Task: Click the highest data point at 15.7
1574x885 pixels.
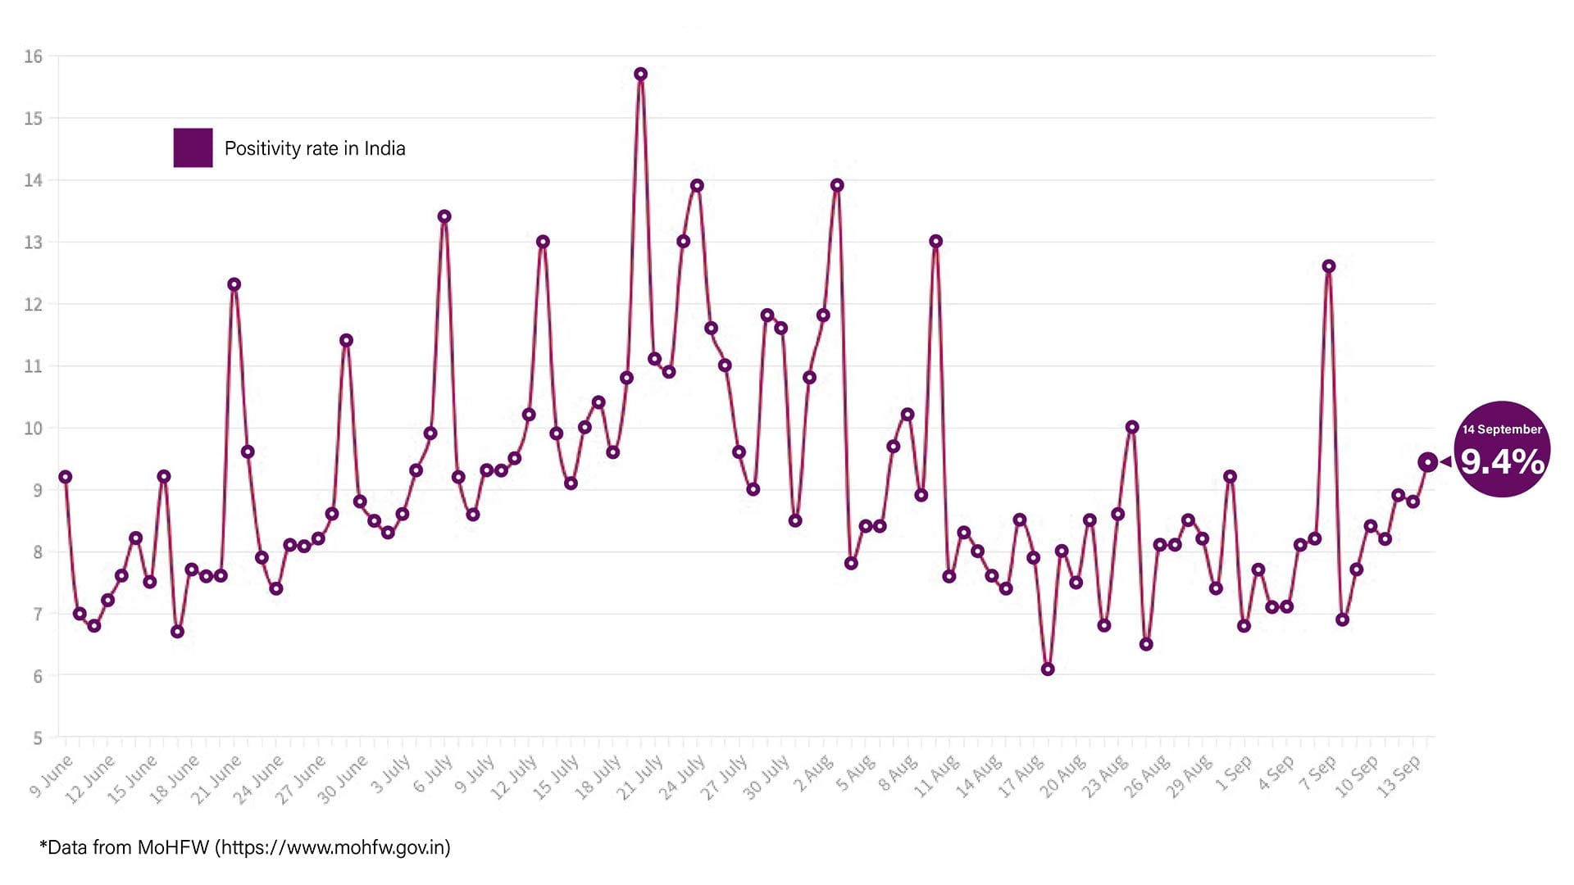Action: pyautogui.click(x=641, y=74)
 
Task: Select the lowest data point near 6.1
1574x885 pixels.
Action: pyautogui.click(x=1048, y=669)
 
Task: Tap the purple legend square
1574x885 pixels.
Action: pyautogui.click(x=193, y=147)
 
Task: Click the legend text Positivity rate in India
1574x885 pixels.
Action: pyautogui.click(x=315, y=148)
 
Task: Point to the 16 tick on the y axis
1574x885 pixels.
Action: pyautogui.click(x=34, y=57)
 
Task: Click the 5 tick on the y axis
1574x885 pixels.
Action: pyautogui.click(x=38, y=738)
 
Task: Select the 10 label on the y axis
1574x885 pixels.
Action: pyautogui.click(x=34, y=428)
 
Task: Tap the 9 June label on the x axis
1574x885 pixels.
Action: pyautogui.click(x=51, y=777)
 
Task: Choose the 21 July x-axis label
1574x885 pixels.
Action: pyautogui.click(x=639, y=778)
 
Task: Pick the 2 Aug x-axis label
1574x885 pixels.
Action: pyautogui.click(x=812, y=775)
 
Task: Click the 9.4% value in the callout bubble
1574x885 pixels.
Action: pyautogui.click(x=1503, y=462)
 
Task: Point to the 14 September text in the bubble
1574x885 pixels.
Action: pyautogui.click(x=1503, y=429)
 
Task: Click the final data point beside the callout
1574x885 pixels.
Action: pyautogui.click(x=1427, y=462)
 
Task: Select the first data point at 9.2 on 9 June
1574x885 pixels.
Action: pyautogui.click(x=66, y=477)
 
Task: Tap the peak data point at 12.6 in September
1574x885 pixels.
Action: pyautogui.click(x=1329, y=266)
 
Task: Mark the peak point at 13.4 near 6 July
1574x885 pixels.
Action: pyautogui.click(x=444, y=216)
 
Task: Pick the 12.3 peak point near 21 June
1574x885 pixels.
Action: pyautogui.click(x=234, y=284)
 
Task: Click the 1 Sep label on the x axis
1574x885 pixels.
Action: pyautogui.click(x=1234, y=774)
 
